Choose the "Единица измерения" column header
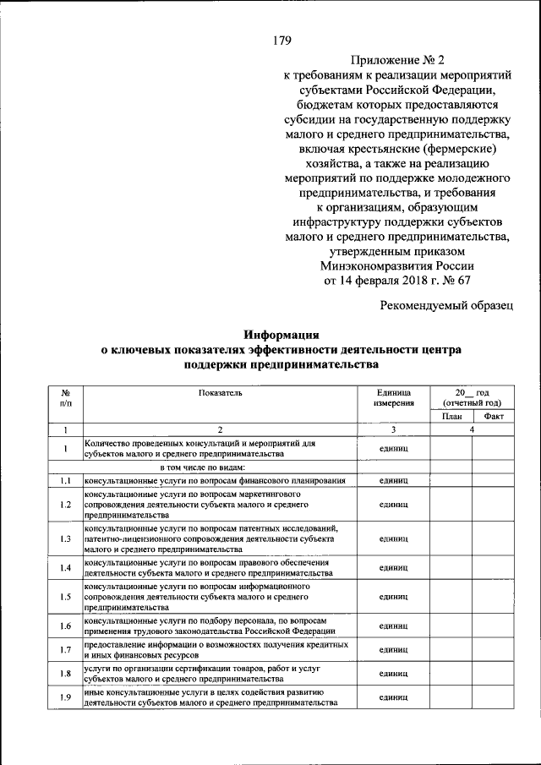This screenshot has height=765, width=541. tap(393, 398)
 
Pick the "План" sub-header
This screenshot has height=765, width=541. tap(451, 417)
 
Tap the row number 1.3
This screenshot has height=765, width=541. tap(64, 538)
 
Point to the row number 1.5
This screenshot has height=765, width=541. tap(64, 597)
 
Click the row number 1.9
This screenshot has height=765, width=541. tap(64, 697)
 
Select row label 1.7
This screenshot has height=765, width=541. tap(64, 650)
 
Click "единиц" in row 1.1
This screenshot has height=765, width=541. tap(393, 480)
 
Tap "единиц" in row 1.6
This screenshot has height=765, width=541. tap(393, 626)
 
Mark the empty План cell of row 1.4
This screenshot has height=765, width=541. tap(451, 567)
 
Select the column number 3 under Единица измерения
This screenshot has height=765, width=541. tap(393, 430)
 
